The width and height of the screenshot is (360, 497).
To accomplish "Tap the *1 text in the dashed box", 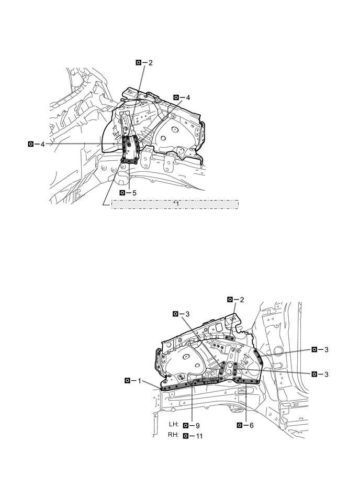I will point(175,204).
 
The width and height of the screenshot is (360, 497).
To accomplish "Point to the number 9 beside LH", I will point(197,425).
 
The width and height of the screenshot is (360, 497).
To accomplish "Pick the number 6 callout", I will point(251,425).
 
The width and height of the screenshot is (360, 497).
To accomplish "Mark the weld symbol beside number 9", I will point(186,425).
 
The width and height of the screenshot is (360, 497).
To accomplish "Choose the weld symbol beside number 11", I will point(186,435).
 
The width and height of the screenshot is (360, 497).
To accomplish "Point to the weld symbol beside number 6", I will point(240,425).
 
